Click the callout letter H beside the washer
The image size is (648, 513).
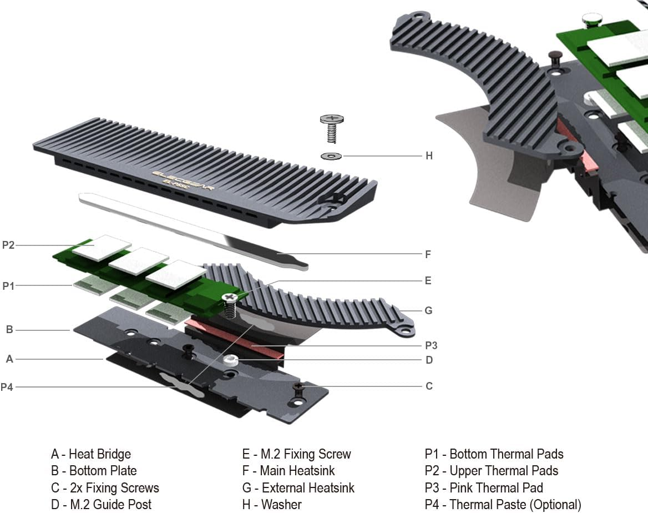point(428,156)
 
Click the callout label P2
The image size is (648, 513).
point(8,244)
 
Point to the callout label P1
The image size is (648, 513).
point(8,286)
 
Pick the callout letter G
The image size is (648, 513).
point(428,310)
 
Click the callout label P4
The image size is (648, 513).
point(7,387)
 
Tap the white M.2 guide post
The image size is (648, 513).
point(231,360)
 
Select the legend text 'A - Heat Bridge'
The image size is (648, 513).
point(91,454)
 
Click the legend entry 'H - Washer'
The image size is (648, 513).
point(272,505)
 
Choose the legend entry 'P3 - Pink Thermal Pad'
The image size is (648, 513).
point(484,488)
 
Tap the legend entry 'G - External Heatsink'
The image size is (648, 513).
point(298,488)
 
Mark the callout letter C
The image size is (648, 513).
point(428,386)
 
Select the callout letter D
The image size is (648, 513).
point(429,360)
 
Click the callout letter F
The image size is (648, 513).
point(428,254)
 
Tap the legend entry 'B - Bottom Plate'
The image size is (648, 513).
point(94,471)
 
